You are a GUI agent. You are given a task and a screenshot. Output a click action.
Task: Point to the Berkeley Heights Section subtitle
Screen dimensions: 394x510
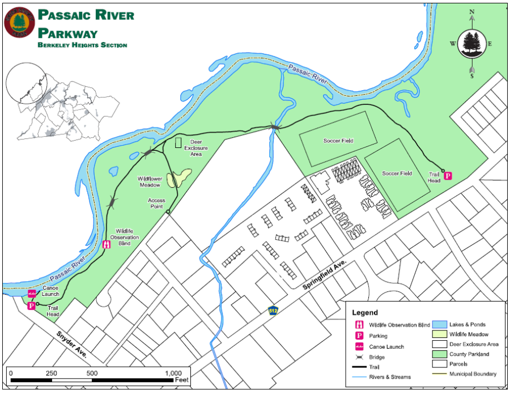[x=82, y=45]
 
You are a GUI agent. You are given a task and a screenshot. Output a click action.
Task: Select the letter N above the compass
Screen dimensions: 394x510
[x=471, y=11]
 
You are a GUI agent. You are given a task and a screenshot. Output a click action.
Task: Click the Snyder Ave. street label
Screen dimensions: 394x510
[x=70, y=344]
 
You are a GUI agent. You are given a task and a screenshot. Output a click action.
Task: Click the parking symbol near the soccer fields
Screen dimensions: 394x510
[x=448, y=176]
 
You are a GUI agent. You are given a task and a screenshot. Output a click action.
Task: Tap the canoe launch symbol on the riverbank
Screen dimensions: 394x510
[x=32, y=294]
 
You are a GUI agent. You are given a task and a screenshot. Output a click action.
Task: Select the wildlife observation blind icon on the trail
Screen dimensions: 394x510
[x=106, y=245]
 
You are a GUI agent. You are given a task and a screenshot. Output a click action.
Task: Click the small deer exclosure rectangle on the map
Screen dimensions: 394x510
[x=178, y=142]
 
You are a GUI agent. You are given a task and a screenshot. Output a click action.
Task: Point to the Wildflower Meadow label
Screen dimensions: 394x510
[x=150, y=181]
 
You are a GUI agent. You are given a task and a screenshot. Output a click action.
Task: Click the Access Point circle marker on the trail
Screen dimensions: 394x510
[x=168, y=213]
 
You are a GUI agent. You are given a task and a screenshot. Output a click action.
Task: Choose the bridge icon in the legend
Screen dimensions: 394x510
[x=359, y=357]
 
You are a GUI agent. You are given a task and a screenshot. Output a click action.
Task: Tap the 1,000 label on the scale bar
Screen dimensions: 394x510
[x=173, y=374]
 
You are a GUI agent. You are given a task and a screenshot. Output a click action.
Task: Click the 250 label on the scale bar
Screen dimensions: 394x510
[x=51, y=374]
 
